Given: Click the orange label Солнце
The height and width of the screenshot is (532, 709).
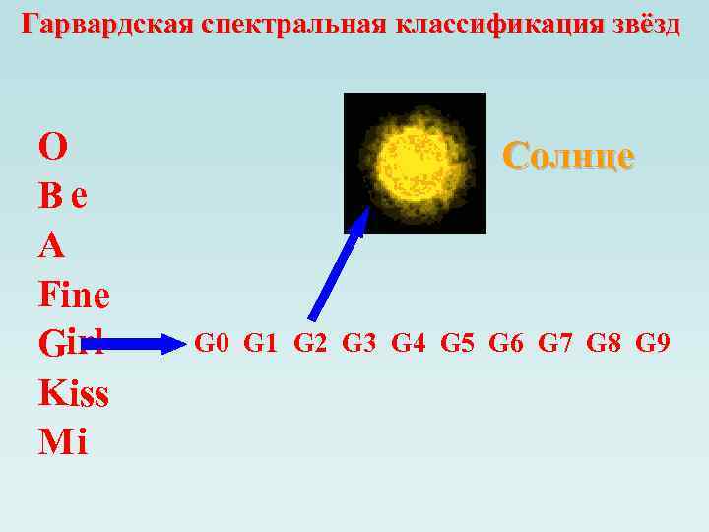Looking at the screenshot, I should pos(568,155).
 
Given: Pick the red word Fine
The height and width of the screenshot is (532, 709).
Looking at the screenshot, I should pos(74,295).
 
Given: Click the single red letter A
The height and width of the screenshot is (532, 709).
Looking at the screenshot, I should pos(51,245).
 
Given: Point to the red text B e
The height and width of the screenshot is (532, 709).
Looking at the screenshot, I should pos(64,196).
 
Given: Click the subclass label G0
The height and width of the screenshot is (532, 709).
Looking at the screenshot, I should pos(212,344).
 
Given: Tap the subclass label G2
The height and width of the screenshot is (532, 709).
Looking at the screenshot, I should pos(310,344).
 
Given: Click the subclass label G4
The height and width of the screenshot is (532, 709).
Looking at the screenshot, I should pos(409,344).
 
